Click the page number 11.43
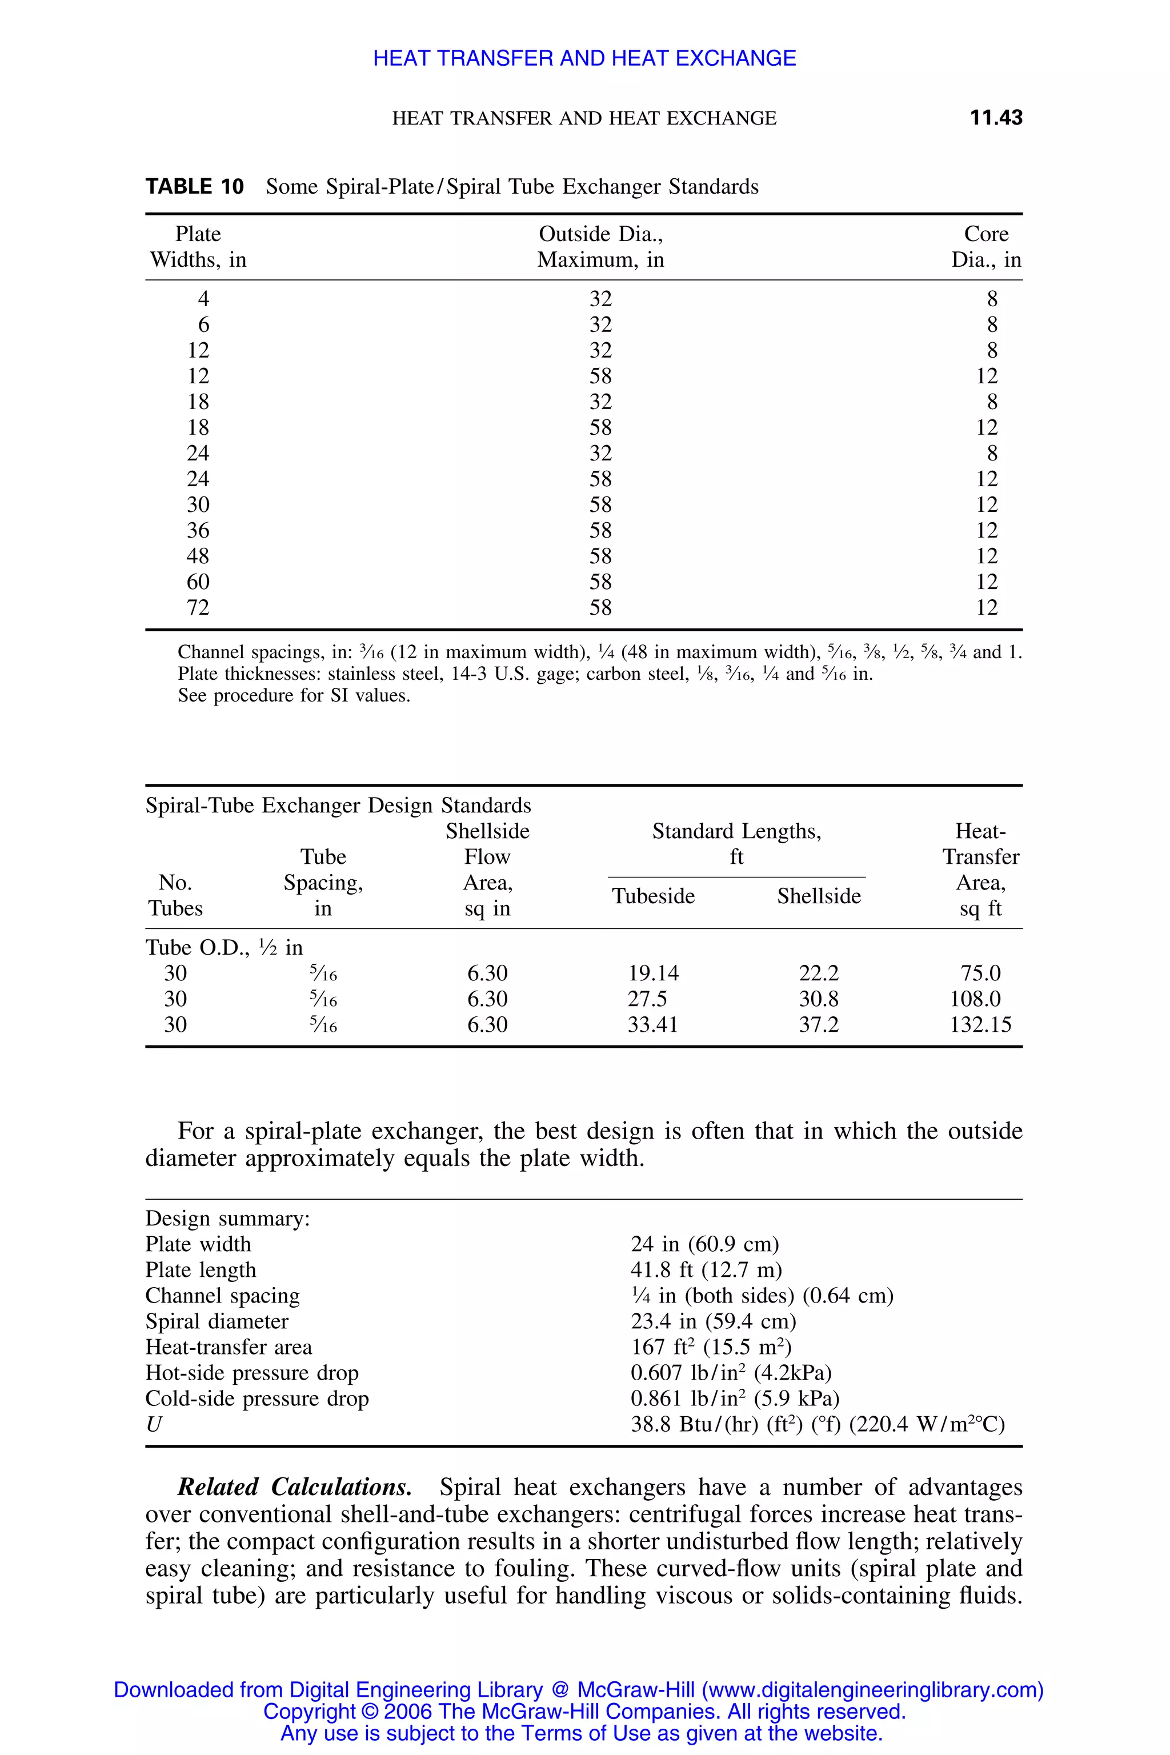[x=995, y=118]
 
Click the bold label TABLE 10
[x=194, y=187]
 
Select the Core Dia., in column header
[x=985, y=247]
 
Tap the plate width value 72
[x=198, y=607]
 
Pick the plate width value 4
[x=203, y=299]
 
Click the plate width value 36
[x=198, y=531]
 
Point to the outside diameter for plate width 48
[x=600, y=556]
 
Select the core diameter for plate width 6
[x=992, y=324]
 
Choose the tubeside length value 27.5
[x=647, y=999]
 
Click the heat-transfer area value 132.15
[x=980, y=1024]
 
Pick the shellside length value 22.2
[x=819, y=973]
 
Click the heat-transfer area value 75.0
[x=980, y=973]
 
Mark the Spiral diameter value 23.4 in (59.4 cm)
[x=712, y=1321]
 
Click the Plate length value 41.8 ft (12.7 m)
[x=706, y=1270]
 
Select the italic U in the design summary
[x=154, y=1424]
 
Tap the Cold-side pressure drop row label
[x=257, y=1399]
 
